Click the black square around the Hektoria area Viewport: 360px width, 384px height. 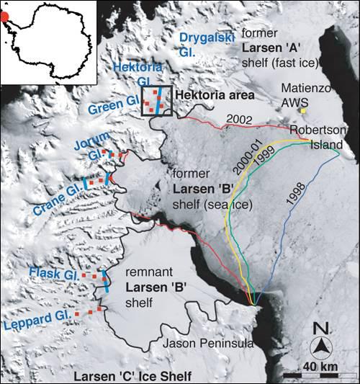pos(158,102)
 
